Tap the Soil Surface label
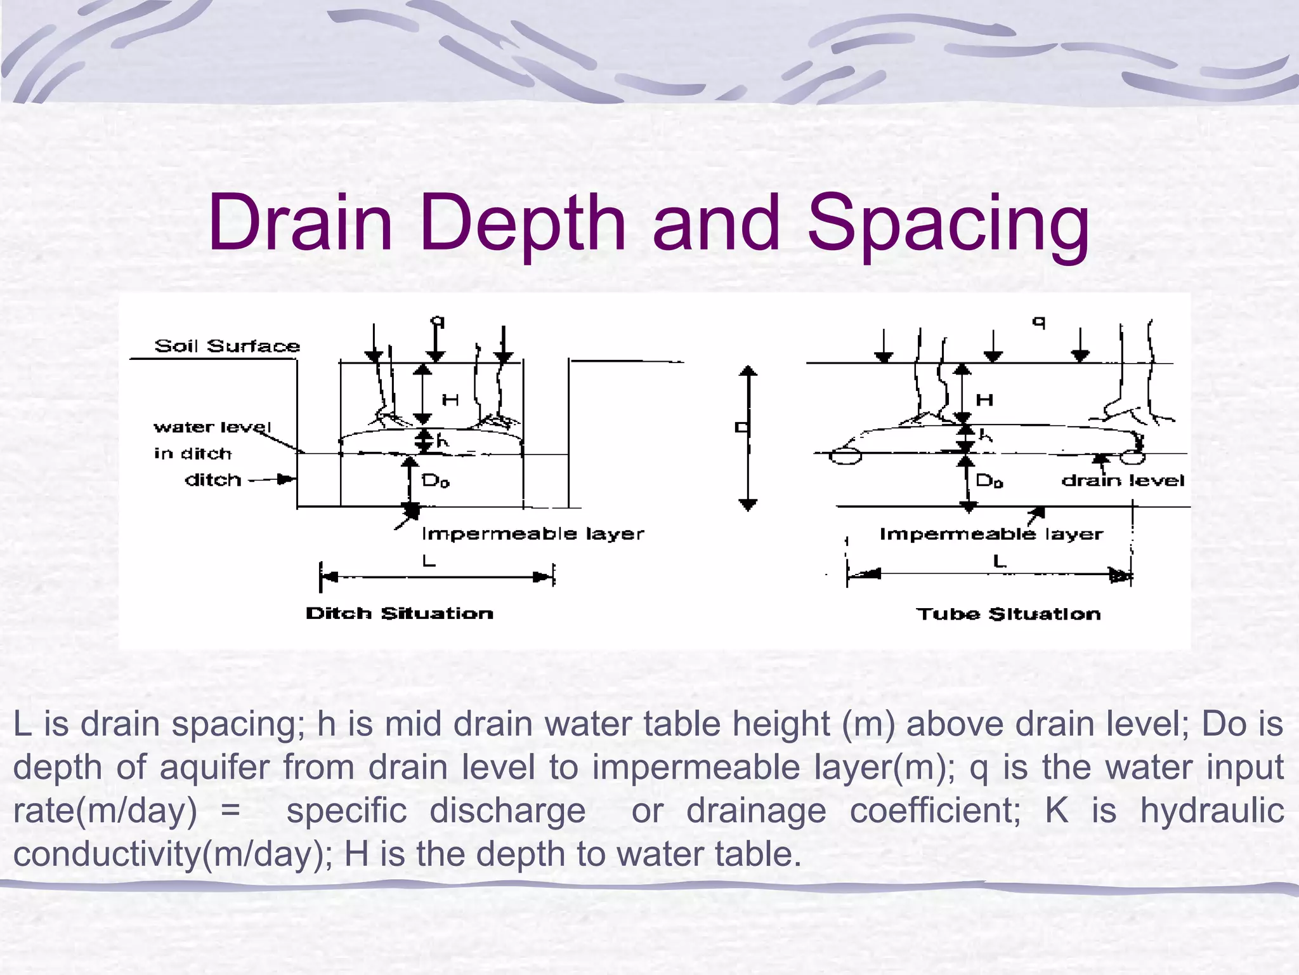227,346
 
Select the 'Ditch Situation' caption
400,613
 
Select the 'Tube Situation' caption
1009,614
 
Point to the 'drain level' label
1123,481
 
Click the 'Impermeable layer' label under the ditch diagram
533,534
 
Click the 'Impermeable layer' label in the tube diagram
991,534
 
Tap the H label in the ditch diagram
450,400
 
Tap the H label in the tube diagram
984,400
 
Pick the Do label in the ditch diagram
436,481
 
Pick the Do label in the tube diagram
989,481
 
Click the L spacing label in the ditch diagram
429,561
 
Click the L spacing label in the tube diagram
1000,561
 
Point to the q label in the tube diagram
1038,322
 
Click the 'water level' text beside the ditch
212,427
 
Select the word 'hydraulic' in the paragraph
1212,811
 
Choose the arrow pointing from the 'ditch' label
273,480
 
